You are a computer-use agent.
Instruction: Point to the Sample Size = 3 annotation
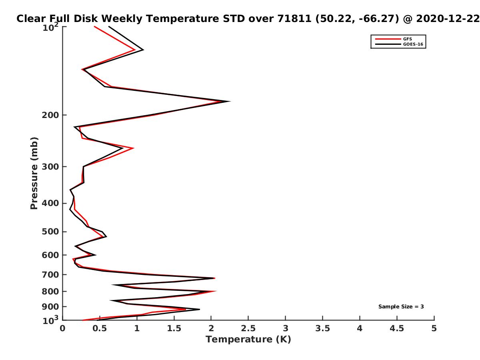click(x=401, y=306)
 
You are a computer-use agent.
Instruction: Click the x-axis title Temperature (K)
click(x=248, y=340)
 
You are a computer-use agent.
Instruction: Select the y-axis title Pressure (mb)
click(x=34, y=173)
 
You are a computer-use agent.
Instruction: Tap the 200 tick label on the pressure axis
click(x=50, y=115)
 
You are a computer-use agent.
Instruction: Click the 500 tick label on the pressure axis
click(x=50, y=232)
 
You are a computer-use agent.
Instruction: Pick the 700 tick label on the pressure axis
click(x=50, y=275)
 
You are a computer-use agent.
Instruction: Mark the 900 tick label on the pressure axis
click(x=50, y=307)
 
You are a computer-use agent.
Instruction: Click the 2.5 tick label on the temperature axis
click(x=248, y=328)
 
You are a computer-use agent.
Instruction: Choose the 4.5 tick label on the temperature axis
click(x=397, y=328)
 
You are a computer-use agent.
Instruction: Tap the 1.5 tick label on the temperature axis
click(x=174, y=328)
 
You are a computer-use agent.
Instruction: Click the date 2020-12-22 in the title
click(x=448, y=19)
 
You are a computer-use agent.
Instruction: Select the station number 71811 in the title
click(x=294, y=19)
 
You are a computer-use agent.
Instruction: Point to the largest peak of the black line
click(x=230, y=101)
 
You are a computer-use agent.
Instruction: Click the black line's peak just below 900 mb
click(x=199, y=309)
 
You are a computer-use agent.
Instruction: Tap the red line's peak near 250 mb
click(x=133, y=148)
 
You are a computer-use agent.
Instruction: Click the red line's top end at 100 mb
click(x=94, y=27)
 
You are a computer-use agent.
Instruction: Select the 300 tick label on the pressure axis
click(x=50, y=167)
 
